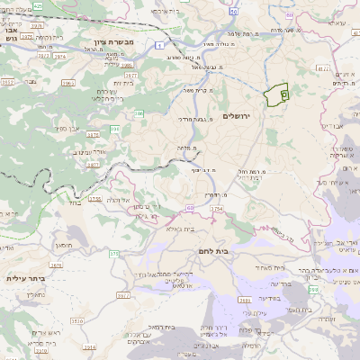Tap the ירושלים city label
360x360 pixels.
[258, 116]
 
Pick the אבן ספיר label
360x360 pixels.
[65, 129]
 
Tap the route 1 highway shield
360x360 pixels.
[158, 44]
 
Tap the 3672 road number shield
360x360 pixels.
[131, 76]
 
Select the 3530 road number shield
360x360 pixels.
[76, 319]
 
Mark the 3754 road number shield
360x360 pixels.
[216, 209]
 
